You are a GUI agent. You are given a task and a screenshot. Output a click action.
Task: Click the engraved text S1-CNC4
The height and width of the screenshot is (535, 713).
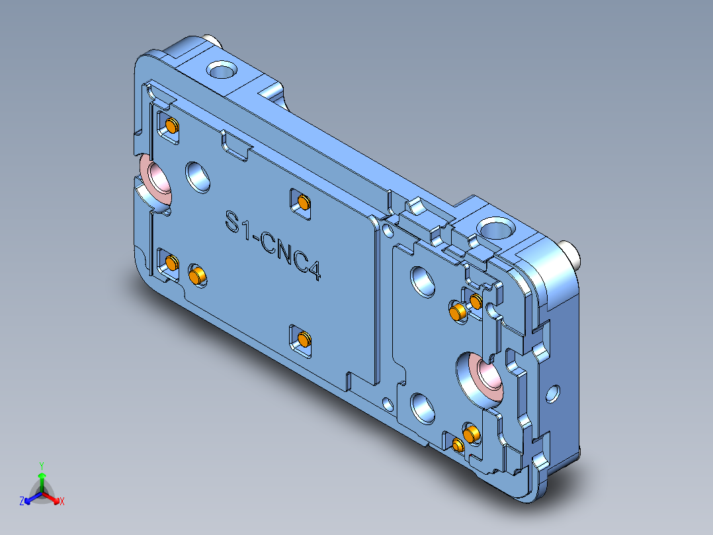pyautogui.click(x=273, y=244)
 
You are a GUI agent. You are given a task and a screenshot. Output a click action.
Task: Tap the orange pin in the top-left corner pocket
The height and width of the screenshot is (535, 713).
pyautogui.click(x=172, y=125)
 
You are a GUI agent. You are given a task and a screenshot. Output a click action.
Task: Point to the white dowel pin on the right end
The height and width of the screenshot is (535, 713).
pyautogui.click(x=570, y=254)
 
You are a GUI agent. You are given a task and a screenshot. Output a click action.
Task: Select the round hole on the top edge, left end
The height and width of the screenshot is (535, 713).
pyautogui.click(x=221, y=69)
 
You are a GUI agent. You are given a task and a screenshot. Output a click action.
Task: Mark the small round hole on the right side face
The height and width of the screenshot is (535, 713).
pyautogui.click(x=552, y=395)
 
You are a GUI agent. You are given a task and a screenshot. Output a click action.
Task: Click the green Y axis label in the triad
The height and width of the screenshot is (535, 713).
pyautogui.click(x=42, y=465)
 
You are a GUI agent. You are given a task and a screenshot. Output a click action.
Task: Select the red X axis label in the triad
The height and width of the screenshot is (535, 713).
pyautogui.click(x=62, y=502)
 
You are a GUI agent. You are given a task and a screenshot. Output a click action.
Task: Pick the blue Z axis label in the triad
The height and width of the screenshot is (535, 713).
pyautogui.click(x=22, y=502)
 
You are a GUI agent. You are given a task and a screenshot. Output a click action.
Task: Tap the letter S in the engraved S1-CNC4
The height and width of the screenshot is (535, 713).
pyautogui.click(x=232, y=221)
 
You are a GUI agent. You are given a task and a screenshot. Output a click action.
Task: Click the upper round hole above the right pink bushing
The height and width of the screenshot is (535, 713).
pyautogui.click(x=421, y=281)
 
